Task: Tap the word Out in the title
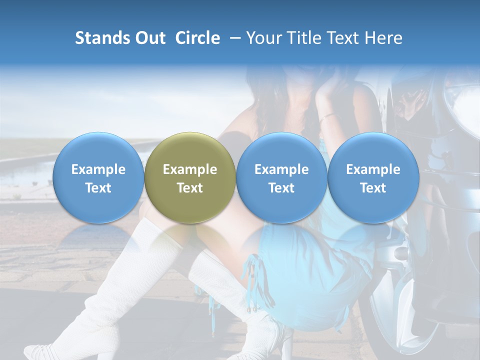point(149,38)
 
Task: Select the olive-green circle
point(190,178)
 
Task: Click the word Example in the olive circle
point(190,169)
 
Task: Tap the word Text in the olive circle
point(190,188)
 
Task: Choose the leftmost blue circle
point(98,178)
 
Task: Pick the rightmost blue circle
point(373,178)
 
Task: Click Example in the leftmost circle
point(98,169)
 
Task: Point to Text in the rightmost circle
point(373,188)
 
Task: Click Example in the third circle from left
point(281,169)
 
